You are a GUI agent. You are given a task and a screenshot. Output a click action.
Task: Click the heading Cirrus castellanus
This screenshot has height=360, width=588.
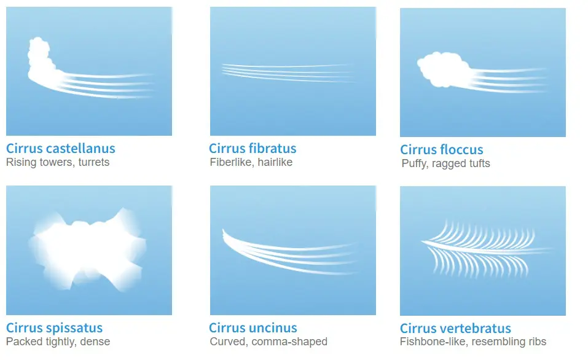(61, 148)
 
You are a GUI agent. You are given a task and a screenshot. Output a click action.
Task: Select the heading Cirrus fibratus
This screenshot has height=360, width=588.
(253, 148)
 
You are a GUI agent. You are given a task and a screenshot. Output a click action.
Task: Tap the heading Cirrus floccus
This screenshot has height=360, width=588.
(441, 149)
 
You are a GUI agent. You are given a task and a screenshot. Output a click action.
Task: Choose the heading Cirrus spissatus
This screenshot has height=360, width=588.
(54, 328)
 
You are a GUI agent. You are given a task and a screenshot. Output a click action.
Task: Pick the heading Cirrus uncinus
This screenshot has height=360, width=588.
(253, 328)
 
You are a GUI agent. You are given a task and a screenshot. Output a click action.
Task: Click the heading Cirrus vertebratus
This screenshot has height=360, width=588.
(455, 328)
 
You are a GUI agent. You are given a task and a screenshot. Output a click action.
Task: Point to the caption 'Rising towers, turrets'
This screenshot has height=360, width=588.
(58, 162)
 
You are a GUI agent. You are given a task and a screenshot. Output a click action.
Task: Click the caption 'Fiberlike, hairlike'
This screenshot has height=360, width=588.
(251, 162)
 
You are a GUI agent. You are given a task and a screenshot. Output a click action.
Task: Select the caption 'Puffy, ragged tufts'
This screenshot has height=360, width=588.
(445, 163)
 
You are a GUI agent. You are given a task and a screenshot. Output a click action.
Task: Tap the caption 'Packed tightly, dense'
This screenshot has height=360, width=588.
(58, 342)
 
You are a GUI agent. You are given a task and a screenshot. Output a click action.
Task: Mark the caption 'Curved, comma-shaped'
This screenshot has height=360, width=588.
(269, 342)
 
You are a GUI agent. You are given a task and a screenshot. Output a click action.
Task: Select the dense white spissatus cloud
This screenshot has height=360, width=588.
(88, 250)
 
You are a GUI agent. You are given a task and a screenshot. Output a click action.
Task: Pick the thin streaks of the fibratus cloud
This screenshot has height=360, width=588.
(288, 72)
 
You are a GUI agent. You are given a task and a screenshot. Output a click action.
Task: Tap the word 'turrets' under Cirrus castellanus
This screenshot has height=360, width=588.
(94, 162)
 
